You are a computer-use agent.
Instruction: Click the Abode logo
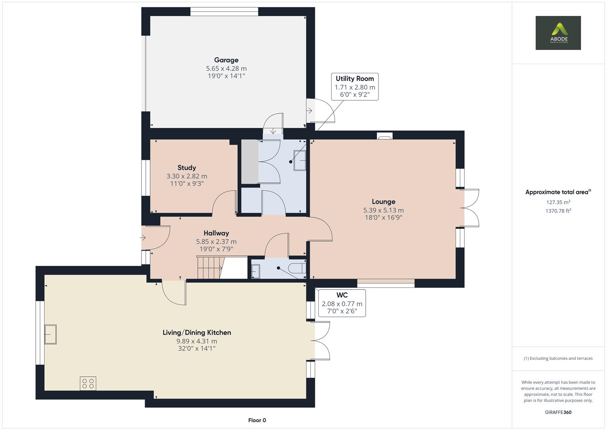point(558,33)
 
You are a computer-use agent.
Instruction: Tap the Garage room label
point(226,60)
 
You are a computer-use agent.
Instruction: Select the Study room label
point(186,168)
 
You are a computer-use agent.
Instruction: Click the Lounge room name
point(383,201)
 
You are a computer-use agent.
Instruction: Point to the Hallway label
point(216,233)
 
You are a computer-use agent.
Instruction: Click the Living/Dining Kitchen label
point(196,332)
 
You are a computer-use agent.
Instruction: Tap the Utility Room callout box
point(355,86)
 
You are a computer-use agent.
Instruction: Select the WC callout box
point(342,303)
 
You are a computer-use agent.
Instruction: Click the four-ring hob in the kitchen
point(88,383)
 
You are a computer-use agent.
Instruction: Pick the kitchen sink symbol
point(50,334)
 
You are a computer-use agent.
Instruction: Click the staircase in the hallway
point(210,268)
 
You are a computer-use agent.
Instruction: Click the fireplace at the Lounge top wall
point(384,136)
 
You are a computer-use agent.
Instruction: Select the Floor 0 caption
point(257,420)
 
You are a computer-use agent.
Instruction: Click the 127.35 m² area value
point(558,202)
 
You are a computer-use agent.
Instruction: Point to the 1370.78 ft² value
point(558,211)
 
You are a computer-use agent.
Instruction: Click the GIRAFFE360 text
point(558,412)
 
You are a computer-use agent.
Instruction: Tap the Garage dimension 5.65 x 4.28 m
point(226,68)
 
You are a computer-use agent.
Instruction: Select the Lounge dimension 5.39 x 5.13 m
point(383,210)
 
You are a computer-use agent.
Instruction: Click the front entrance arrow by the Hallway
point(143,238)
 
